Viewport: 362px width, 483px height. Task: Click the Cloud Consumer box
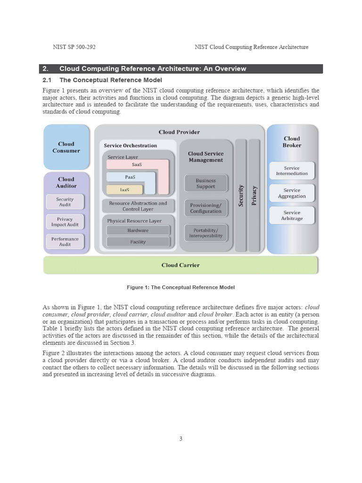[66, 147]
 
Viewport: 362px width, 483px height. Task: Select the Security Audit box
[65, 202]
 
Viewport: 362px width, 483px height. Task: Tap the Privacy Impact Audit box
[65, 222]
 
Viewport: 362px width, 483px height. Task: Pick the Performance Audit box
[65, 241]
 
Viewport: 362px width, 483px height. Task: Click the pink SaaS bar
[137, 165]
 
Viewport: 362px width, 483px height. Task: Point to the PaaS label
[131, 177]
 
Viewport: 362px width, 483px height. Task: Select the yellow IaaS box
[124, 190]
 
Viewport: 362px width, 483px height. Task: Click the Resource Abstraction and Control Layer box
[138, 206]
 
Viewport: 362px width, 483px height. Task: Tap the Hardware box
[138, 230]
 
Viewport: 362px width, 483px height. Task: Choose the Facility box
[138, 242]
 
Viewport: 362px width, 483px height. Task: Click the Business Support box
[206, 183]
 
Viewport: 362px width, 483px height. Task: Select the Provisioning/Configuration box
[206, 208]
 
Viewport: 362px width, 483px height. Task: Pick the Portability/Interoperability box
[206, 233]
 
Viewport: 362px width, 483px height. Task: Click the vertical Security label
[241, 195]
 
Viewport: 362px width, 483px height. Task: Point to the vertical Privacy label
[254, 195]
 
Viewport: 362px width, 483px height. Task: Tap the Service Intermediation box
[292, 171]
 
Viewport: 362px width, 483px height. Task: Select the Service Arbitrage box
[292, 216]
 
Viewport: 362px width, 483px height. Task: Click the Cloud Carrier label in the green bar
[181, 265]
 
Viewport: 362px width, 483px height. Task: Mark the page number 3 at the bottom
[181, 439]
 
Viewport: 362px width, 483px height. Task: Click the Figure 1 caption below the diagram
[181, 287]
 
